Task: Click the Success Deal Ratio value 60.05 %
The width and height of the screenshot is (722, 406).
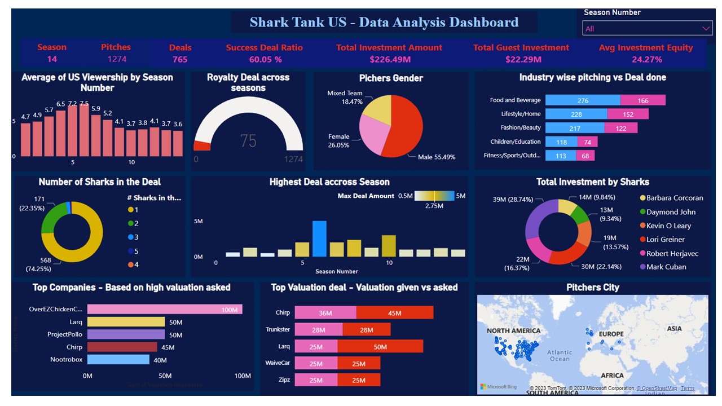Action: pyautogui.click(x=265, y=59)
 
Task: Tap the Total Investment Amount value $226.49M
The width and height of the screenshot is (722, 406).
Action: pyautogui.click(x=389, y=59)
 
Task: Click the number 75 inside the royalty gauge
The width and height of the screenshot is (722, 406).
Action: pyautogui.click(x=248, y=140)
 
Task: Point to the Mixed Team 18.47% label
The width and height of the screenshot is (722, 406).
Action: pyautogui.click(x=345, y=98)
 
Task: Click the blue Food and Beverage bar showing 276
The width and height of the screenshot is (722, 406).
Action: pyautogui.click(x=583, y=100)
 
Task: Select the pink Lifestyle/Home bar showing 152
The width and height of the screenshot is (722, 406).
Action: pyautogui.click(x=628, y=114)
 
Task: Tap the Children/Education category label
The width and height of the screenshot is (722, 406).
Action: pyautogui.click(x=515, y=142)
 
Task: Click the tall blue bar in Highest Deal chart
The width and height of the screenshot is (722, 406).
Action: pyautogui.click(x=319, y=239)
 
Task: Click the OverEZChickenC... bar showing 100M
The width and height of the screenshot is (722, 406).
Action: pyautogui.click(x=165, y=309)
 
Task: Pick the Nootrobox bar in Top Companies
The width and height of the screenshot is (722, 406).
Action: pyautogui.click(x=118, y=359)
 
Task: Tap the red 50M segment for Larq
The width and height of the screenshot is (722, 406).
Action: pyautogui.click(x=380, y=346)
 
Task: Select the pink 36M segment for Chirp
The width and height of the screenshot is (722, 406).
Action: pyautogui.click(x=325, y=313)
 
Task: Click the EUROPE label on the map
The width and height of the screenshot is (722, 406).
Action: pyautogui.click(x=611, y=334)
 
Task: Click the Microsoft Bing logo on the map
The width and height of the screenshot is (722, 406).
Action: pyautogui.click(x=498, y=386)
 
